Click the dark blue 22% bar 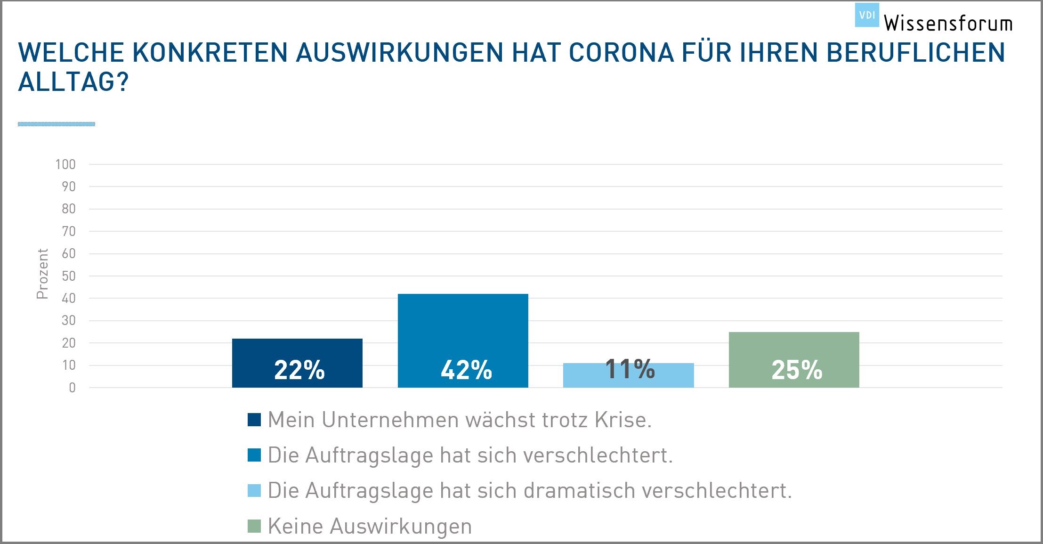[297, 363]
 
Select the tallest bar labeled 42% [463, 340]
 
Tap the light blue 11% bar [628, 375]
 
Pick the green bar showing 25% [794, 359]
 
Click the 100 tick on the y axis [65, 164]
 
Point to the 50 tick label [69, 276]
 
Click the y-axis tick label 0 [72, 388]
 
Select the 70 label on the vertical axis [69, 231]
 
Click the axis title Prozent [42, 274]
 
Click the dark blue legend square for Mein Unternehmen [254, 420]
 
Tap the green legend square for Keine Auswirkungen [254, 526]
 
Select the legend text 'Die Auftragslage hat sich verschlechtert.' [470, 455]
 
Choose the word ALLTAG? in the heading [73, 82]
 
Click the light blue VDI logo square [867, 15]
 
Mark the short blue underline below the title [57, 124]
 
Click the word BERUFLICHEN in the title [916, 52]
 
